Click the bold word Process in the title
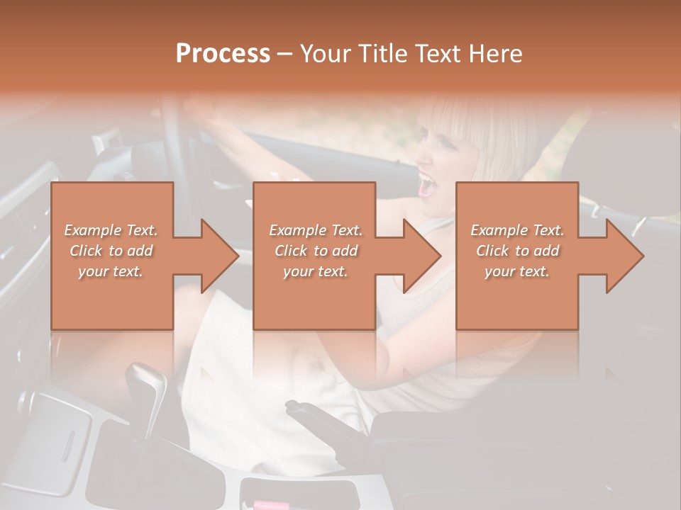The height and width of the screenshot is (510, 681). pyautogui.click(x=223, y=54)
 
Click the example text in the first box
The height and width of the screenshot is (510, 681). pyautogui.click(x=111, y=251)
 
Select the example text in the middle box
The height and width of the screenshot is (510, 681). pyautogui.click(x=315, y=251)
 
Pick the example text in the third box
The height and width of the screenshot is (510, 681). pyautogui.click(x=517, y=251)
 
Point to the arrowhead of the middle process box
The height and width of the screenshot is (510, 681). pyautogui.click(x=421, y=256)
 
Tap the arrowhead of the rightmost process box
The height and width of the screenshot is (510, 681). pyautogui.click(x=624, y=256)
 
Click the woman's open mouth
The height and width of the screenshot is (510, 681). pyautogui.click(x=428, y=186)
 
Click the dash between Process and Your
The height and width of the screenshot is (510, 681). pyautogui.click(x=284, y=54)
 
